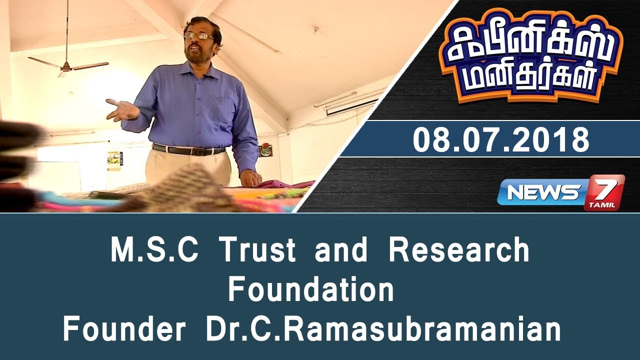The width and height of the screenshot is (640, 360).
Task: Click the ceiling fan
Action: click(67, 65)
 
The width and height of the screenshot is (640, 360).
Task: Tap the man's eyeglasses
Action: click(198, 35)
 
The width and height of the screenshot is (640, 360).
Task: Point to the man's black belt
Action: click(188, 149)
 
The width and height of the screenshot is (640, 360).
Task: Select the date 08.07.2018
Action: click(501, 139)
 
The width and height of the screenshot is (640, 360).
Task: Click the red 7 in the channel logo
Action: click(605, 190)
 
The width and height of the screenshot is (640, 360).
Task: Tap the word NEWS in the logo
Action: click(542, 192)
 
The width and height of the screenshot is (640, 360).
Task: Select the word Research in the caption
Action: click(458, 250)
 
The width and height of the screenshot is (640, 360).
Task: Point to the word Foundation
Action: click(311, 290)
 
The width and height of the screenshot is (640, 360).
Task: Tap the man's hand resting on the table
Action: click(250, 177)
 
